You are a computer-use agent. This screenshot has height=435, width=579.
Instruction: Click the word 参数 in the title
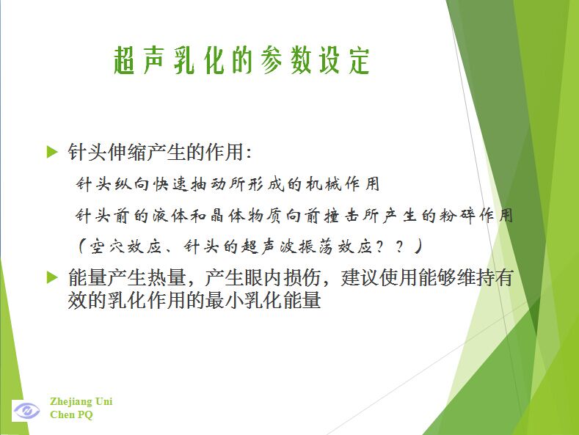pos(285,60)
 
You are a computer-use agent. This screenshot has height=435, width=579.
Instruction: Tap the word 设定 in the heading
pos(344,60)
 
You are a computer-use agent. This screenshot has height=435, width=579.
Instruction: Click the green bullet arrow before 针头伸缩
pos(52,152)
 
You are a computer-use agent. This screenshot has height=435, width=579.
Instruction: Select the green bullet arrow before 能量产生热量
pos(52,277)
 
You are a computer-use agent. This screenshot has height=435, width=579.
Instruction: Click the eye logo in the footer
pos(26,410)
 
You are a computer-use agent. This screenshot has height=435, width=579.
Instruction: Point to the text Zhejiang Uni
pos(81,401)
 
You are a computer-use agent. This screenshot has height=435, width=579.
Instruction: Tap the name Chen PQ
pos(71,414)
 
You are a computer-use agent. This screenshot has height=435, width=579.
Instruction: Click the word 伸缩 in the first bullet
pos(127,152)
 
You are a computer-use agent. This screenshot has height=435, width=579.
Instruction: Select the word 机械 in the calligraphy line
pos(324,183)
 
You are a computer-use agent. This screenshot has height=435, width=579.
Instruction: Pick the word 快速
pos(170,183)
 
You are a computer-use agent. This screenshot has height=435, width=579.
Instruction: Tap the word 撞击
pos(342,215)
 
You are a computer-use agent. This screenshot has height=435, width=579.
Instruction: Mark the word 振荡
pos(316,246)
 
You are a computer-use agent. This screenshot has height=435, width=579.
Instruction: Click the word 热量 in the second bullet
pos(166,278)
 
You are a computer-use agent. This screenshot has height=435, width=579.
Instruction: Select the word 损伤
pos(302,278)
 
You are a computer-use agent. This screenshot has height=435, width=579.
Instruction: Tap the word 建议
pos(360,278)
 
